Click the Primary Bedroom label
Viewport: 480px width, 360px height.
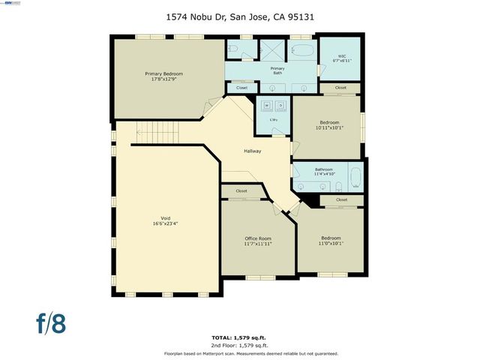pos(163,73)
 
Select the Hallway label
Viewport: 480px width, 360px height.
pos(252,151)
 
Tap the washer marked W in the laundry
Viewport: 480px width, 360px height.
pos(266,105)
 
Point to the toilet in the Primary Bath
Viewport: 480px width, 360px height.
pos(234,49)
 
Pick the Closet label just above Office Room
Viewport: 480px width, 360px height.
pos(241,191)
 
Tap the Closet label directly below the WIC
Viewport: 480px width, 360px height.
pos(341,88)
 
